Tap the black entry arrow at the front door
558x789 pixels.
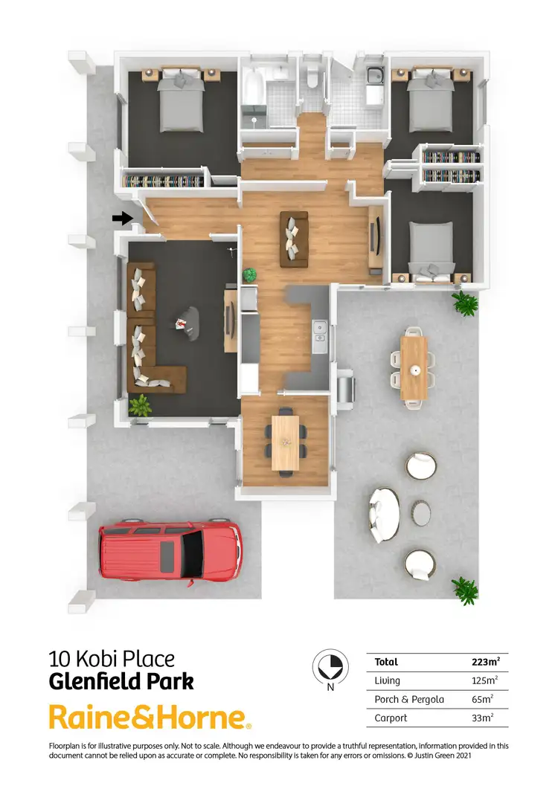[121, 218]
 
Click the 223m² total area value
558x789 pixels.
[485, 662]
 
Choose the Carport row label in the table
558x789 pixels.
[391, 718]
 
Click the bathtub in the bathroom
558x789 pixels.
[252, 88]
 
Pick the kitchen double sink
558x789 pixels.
[321, 335]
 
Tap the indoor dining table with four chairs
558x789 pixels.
[285, 442]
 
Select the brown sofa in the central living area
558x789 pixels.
[294, 239]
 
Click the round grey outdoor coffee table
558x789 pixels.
[421, 512]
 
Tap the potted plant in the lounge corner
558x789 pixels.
[139, 405]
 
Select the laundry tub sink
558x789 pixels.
[373, 74]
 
